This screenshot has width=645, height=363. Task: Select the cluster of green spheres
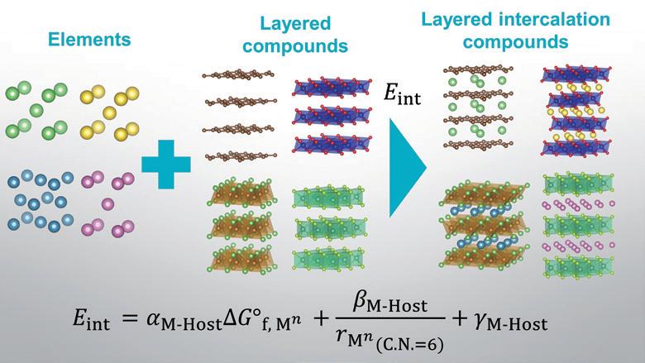coord(38,108)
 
